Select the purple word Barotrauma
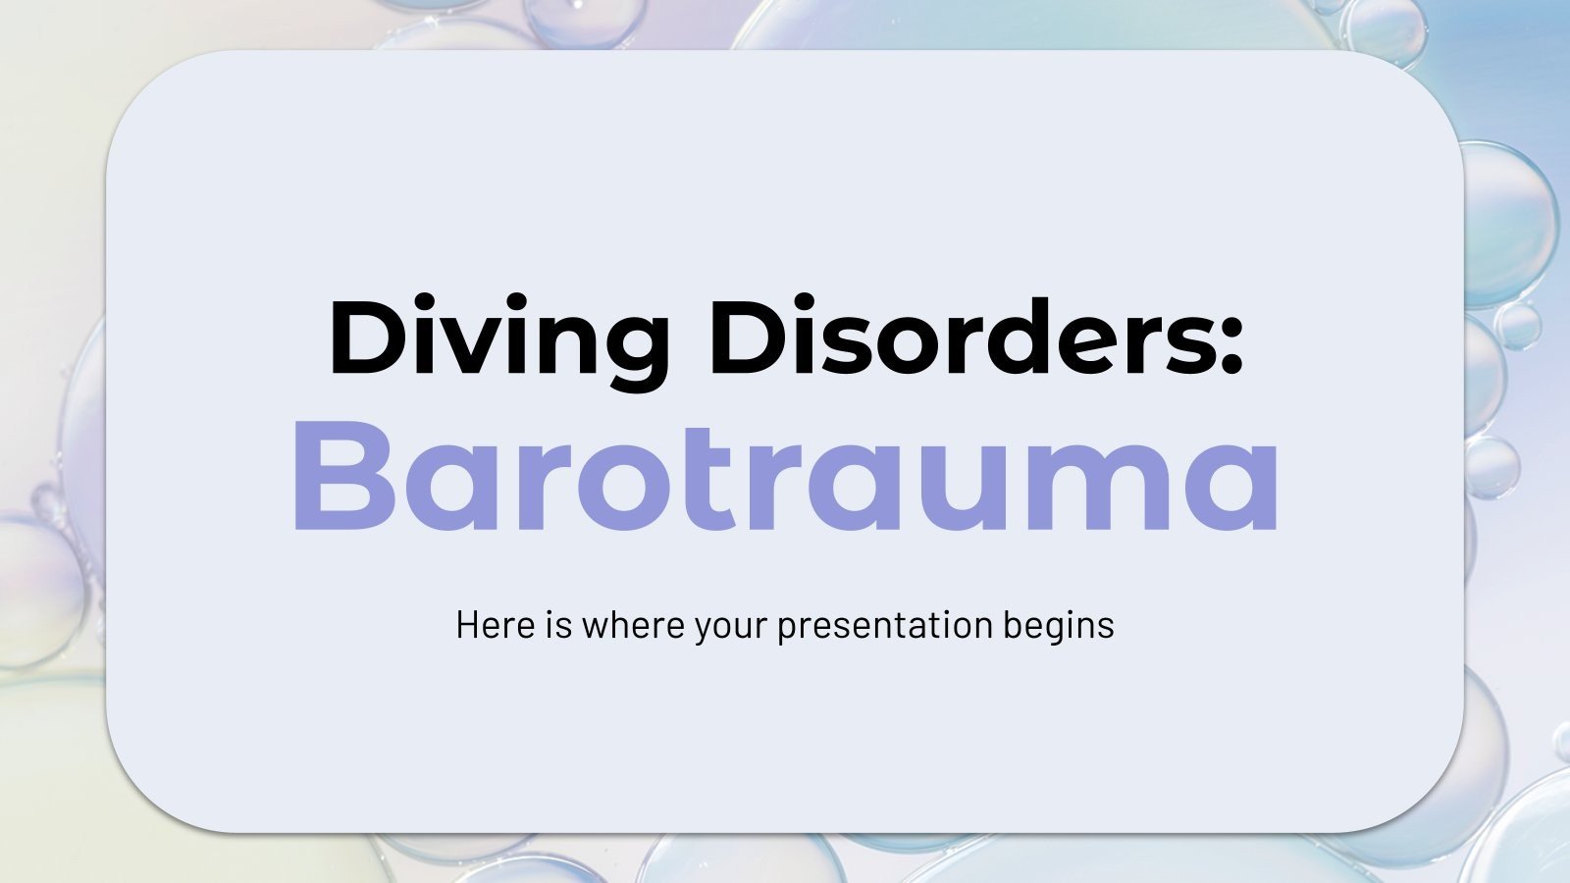click(x=785, y=476)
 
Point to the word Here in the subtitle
click(x=493, y=625)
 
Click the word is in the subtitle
click(x=558, y=625)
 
